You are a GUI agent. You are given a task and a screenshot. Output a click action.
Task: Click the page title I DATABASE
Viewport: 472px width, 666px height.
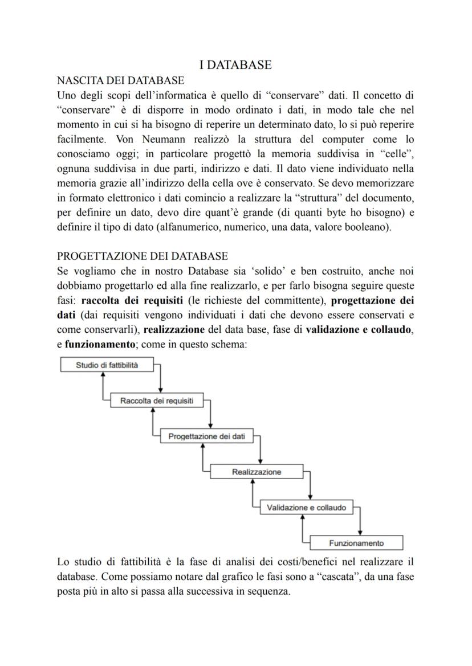[235, 65]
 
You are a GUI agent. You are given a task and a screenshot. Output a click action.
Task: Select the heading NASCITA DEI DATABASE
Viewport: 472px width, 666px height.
[121, 80]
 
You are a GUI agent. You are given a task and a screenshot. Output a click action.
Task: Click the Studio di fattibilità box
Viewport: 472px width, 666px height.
[107, 365]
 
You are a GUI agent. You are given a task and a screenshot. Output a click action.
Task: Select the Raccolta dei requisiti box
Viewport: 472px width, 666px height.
[157, 401]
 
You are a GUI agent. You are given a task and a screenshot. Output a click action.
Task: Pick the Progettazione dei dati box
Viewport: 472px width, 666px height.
[207, 436]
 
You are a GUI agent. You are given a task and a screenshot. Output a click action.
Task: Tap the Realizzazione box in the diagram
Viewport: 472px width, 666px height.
[257, 472]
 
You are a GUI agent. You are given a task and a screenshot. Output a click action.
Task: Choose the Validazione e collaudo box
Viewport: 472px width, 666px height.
[306, 507]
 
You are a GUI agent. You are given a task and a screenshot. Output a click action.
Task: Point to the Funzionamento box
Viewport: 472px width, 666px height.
[356, 543]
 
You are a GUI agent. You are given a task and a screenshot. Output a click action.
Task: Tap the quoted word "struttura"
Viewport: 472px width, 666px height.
[298, 198]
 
